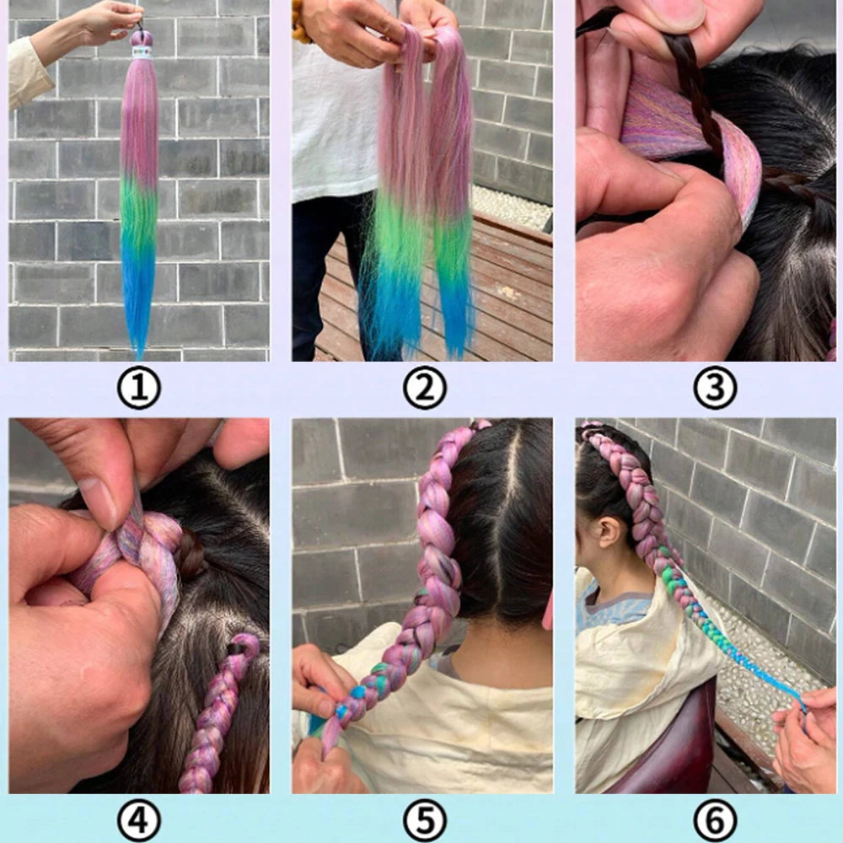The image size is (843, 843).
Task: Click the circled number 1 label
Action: coord(139,389)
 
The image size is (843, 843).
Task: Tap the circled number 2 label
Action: coord(424,389)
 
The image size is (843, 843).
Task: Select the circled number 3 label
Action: coord(715,389)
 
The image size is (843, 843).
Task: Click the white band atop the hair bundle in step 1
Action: coord(142,52)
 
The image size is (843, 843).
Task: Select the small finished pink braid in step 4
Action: coord(215,717)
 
